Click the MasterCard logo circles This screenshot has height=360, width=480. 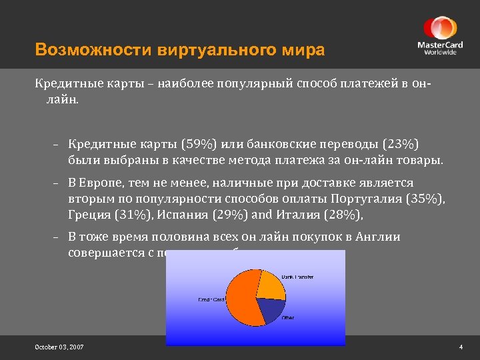coord(439,29)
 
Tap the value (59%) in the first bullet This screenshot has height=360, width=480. coord(199,145)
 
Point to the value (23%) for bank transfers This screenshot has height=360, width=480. coord(403,145)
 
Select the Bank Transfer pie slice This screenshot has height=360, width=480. coord(269,284)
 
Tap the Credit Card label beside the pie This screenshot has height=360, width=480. coord(211,299)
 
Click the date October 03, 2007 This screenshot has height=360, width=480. coord(59,347)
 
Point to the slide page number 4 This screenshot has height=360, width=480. coord(461,347)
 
